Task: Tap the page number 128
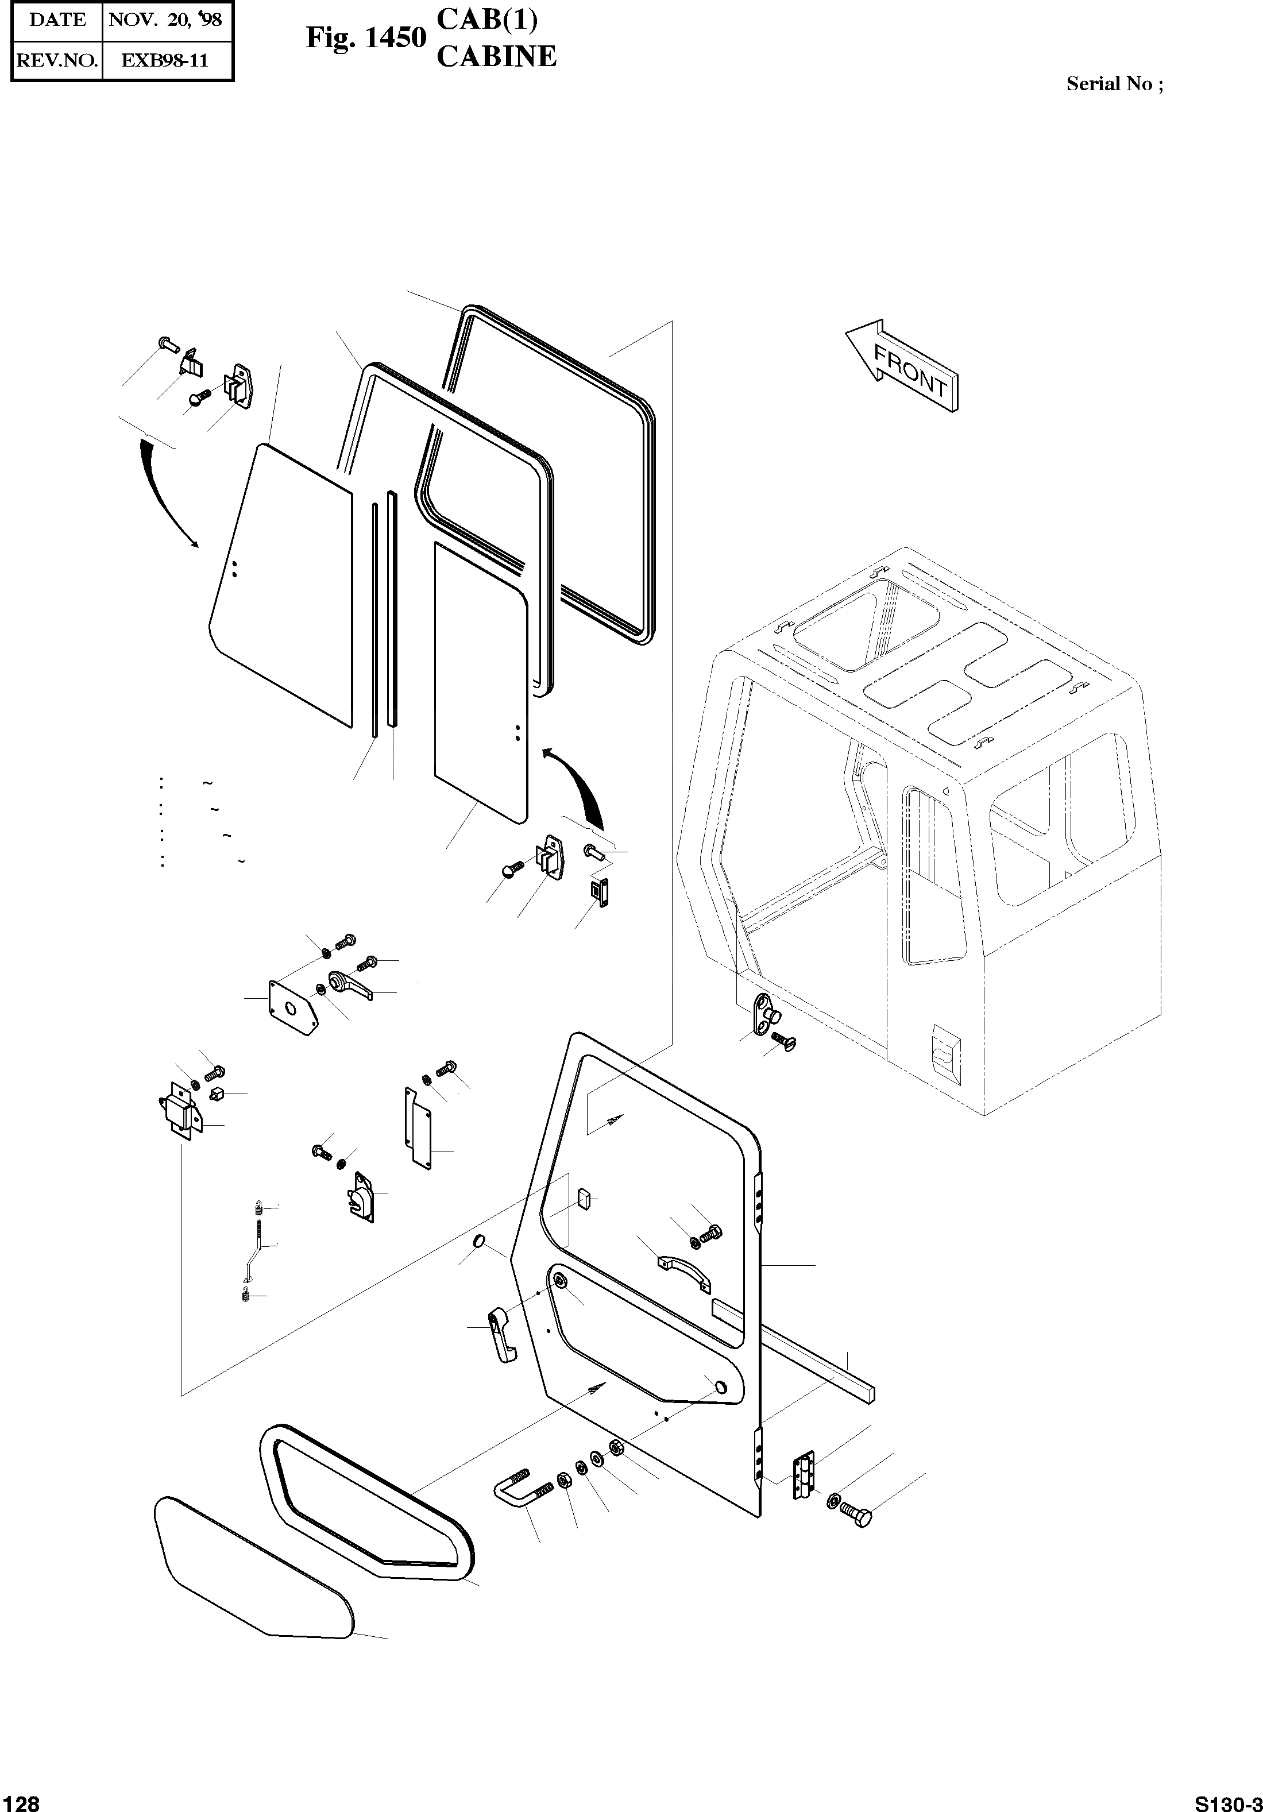click(21, 1802)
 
